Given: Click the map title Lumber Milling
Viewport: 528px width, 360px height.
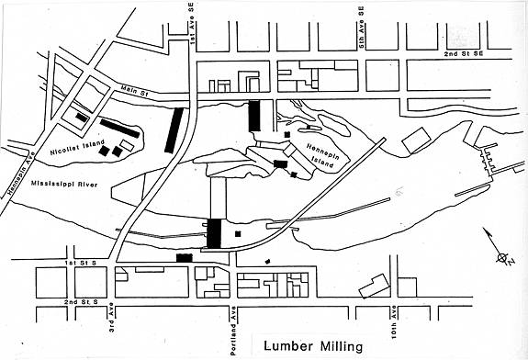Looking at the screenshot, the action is [313, 346].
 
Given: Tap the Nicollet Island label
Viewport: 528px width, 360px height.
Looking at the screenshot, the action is [77, 148].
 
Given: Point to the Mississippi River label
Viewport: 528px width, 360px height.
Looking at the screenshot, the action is [64, 184].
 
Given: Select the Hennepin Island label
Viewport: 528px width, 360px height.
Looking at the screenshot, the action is [322, 155].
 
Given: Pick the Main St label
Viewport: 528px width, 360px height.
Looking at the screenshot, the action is [135, 91].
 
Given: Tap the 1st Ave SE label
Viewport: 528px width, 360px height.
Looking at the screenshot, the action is [192, 24].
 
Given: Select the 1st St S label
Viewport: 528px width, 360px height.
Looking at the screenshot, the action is [80, 263].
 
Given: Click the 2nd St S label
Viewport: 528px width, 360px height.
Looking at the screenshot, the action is [81, 302].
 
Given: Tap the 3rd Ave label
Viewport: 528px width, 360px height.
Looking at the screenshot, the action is [112, 318].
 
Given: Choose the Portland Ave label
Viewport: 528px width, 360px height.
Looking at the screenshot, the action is [233, 331].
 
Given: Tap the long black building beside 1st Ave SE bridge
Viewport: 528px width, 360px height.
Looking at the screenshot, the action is [174, 130].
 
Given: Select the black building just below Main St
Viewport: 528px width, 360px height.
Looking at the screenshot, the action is [254, 116].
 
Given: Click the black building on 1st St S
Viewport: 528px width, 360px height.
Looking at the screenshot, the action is [185, 258].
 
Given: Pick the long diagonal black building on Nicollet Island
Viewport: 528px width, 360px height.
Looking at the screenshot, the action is [119, 128].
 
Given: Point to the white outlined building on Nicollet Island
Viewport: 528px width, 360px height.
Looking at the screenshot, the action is [127, 145].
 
